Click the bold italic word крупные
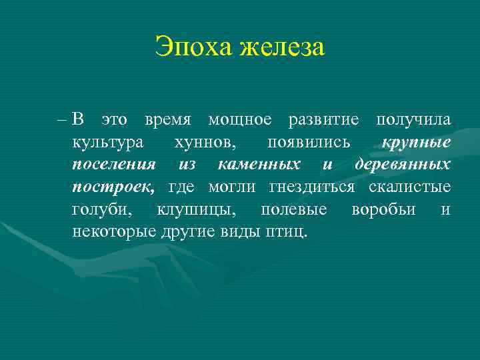(x=417, y=143)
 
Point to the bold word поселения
(x=114, y=165)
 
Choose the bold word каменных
(x=259, y=165)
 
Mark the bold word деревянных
(x=403, y=165)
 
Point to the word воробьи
(x=383, y=209)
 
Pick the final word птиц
(x=288, y=232)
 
